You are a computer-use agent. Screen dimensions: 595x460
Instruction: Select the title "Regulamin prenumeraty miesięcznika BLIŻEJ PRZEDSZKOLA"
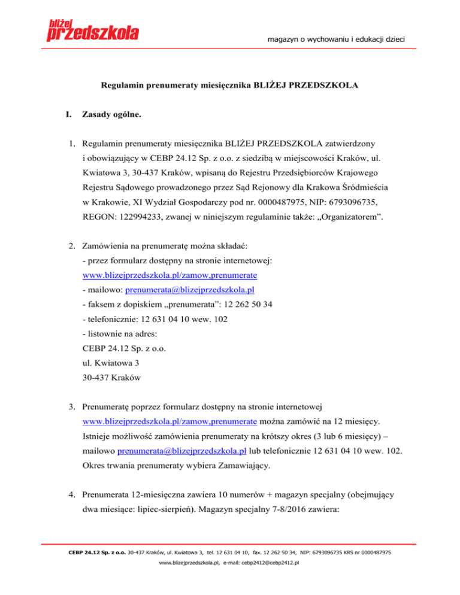[229, 85]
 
